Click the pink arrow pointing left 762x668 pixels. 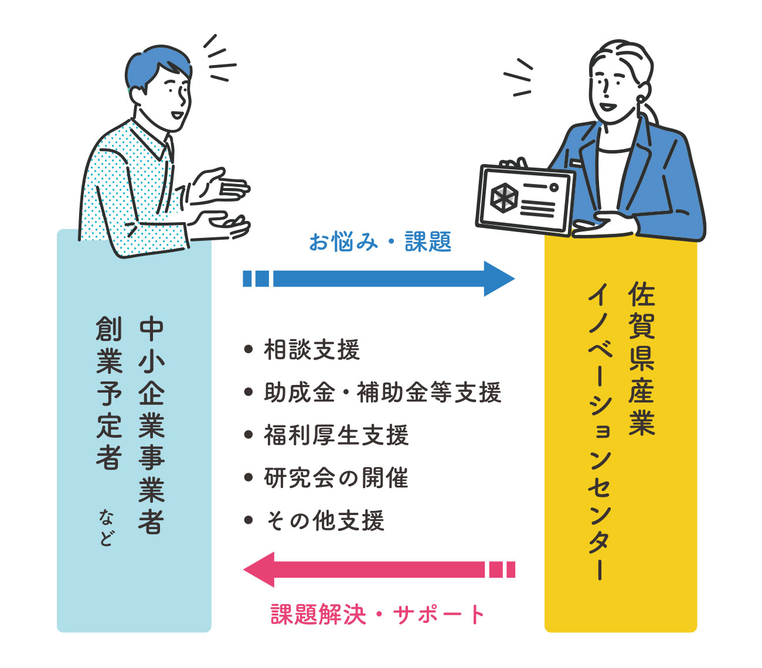click(378, 570)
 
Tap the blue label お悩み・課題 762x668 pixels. click(380, 241)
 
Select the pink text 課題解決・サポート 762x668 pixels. click(378, 615)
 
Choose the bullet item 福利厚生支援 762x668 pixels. click(336, 435)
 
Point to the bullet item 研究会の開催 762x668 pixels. click(336, 478)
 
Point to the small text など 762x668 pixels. click(107, 527)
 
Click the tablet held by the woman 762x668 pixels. click(525, 200)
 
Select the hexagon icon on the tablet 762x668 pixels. click(503, 197)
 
